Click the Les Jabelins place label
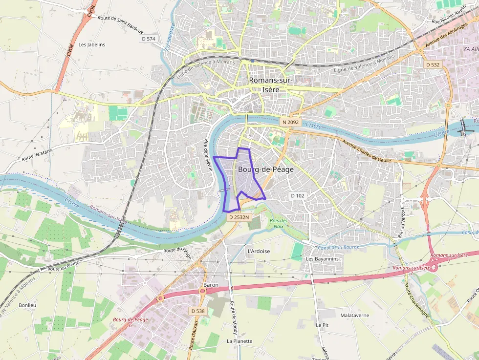92,44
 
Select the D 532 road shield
433,64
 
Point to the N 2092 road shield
290,122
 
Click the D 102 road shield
297,195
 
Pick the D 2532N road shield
239,217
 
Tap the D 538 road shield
198,311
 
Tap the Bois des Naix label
279,223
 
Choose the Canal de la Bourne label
338,247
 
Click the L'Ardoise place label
259,251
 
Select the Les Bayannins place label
322,259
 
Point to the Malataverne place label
355,316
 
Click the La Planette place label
239,341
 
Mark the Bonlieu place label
27,305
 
